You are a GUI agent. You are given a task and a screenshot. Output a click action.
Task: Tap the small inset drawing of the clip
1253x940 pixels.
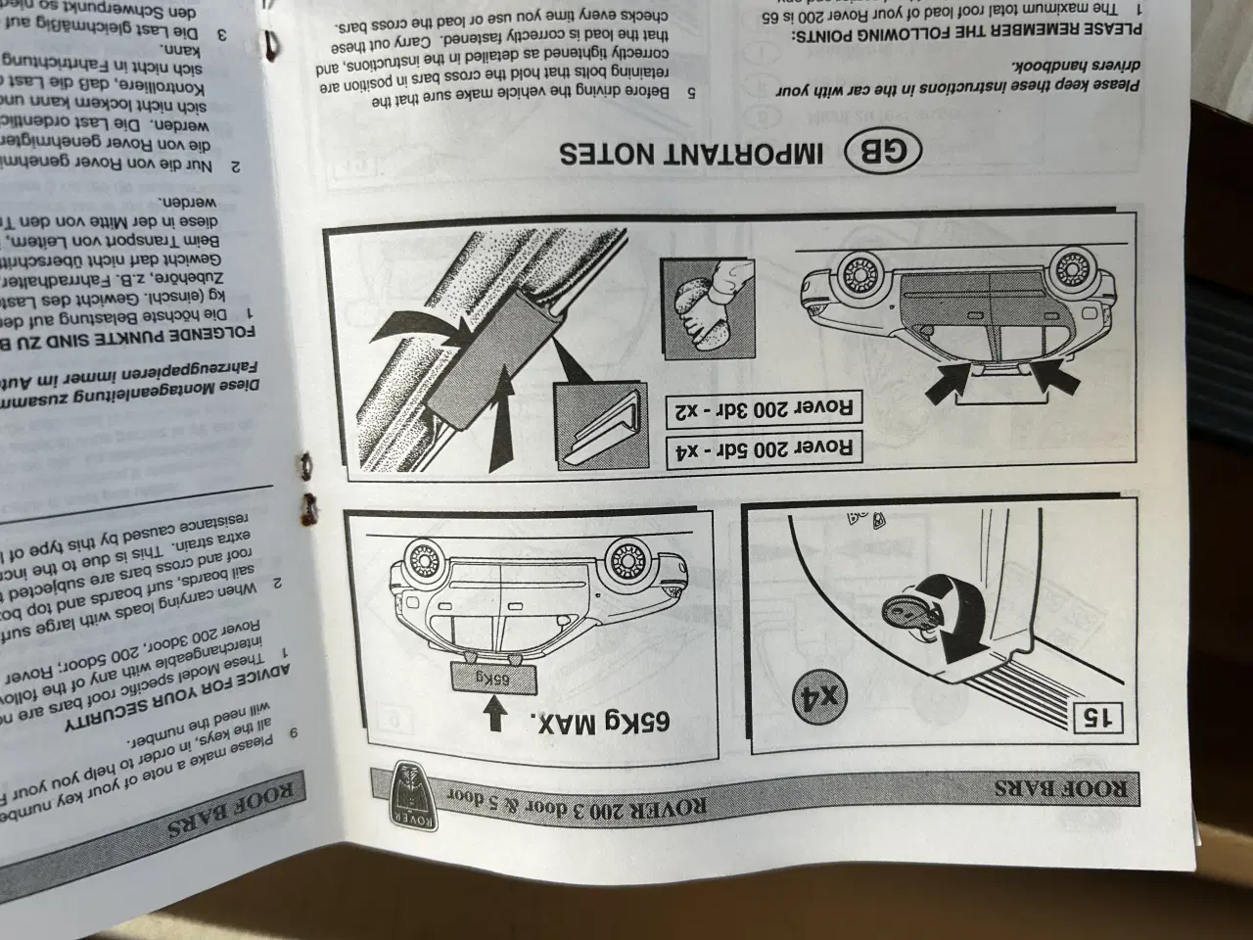point(598,422)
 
